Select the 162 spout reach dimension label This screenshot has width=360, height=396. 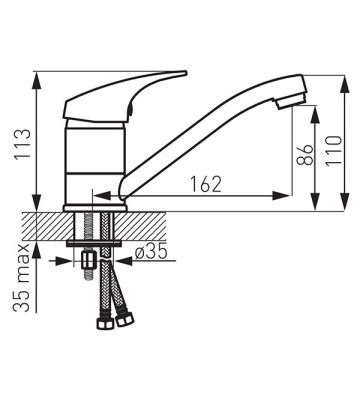click(x=206, y=184)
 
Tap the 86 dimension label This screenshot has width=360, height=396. click(x=305, y=155)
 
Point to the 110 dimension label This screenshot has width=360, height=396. click(x=334, y=150)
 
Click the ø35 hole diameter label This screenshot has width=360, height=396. click(x=151, y=253)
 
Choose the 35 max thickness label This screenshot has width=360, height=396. click(x=21, y=278)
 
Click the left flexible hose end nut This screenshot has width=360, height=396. click(x=103, y=323)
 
